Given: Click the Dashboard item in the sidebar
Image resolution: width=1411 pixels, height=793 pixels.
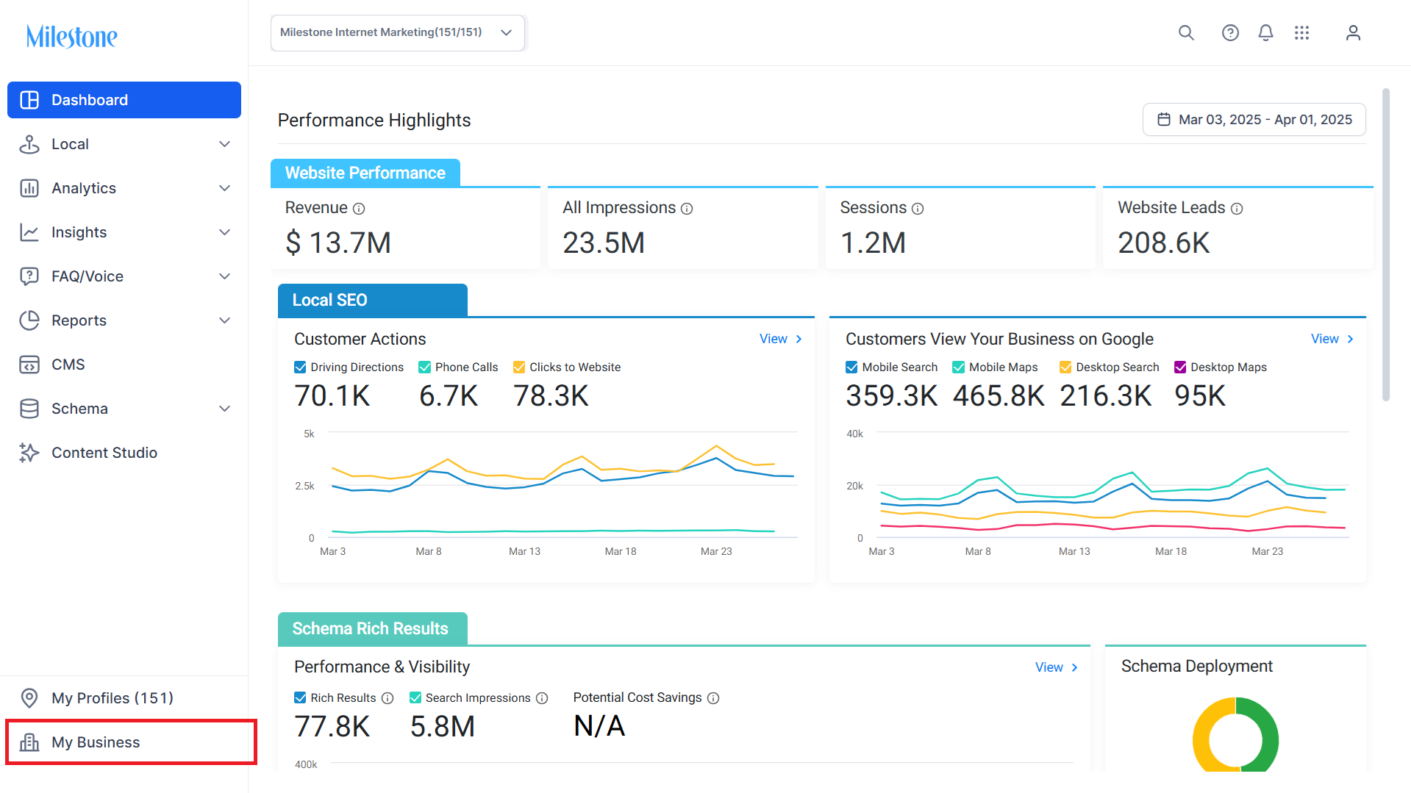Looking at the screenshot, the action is (124, 100).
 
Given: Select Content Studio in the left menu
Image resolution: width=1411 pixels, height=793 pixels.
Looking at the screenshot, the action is (104, 453).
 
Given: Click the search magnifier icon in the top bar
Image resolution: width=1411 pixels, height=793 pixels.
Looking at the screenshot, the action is (1186, 32).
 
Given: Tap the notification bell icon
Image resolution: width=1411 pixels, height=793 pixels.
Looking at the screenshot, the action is (1265, 32).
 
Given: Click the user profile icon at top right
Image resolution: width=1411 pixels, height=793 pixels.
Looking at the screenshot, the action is (1353, 32).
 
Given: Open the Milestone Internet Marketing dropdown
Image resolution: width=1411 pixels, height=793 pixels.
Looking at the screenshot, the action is (398, 33).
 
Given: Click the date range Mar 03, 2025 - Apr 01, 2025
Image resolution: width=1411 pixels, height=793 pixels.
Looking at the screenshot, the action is (1254, 119).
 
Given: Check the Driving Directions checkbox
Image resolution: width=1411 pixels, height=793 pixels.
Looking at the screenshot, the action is (300, 367).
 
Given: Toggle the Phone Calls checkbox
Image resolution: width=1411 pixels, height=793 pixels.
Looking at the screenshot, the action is (424, 367).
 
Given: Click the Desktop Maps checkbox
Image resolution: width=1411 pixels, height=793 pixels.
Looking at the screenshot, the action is (1180, 367).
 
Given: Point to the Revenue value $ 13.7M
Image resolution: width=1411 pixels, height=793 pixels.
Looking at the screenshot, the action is (338, 243).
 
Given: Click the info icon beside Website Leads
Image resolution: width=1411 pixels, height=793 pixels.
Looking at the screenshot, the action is (1237, 209).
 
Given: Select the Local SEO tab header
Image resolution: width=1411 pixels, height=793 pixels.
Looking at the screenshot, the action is (373, 300).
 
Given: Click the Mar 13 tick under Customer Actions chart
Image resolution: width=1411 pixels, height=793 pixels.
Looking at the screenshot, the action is (524, 551).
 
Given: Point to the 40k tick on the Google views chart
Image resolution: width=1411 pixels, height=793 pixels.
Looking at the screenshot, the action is (854, 434).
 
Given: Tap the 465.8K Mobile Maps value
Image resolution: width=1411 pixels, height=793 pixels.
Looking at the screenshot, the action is (999, 395).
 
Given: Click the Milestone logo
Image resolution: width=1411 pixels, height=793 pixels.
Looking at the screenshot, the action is (71, 36).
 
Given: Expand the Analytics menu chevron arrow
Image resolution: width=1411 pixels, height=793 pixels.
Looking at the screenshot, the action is (225, 188).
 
